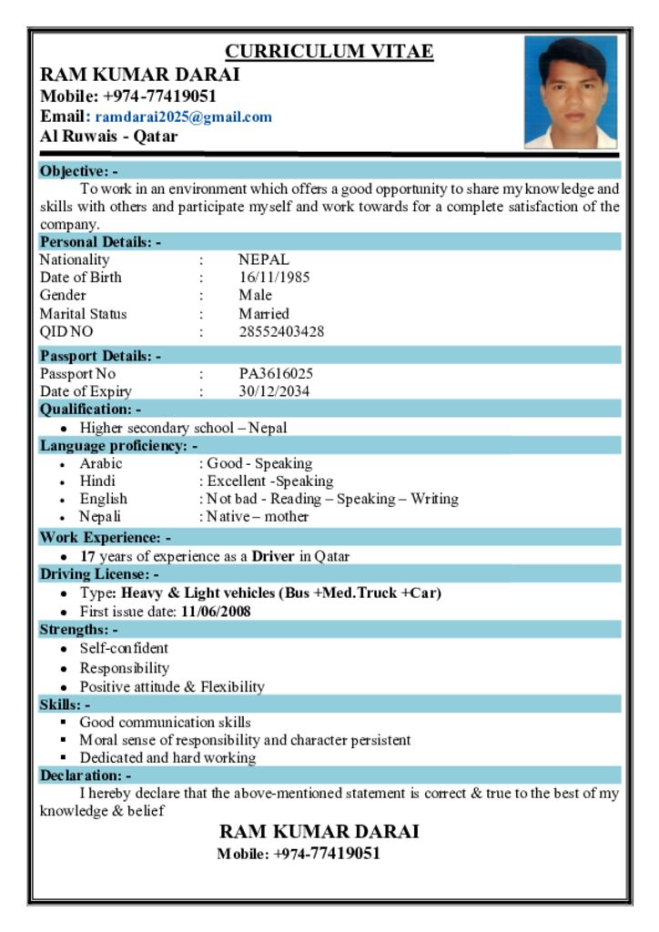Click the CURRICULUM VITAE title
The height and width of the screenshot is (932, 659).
[x=329, y=52]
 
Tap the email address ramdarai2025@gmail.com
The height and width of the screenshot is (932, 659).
[x=183, y=117]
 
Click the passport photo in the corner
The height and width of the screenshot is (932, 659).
[x=571, y=92]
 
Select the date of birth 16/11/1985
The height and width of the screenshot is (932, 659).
[x=274, y=278]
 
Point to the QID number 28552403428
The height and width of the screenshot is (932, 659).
[x=281, y=332]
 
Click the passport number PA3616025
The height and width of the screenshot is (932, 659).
[x=276, y=374]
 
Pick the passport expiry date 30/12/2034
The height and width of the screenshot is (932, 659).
[x=274, y=392]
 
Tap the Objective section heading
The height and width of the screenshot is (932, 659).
[x=78, y=171]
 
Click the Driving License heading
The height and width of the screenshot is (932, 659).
[x=99, y=574]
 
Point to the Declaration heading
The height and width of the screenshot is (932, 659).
[x=86, y=775]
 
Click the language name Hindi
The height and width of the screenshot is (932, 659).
[x=97, y=481]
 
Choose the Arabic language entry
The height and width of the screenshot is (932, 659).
[x=100, y=463]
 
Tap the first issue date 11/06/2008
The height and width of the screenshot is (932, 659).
[x=216, y=612]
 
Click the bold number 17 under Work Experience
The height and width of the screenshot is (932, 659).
[x=87, y=556]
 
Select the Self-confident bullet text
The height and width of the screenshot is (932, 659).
[x=124, y=649]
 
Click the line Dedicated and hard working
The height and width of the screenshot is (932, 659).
[x=167, y=757]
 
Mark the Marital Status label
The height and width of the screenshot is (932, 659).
[x=83, y=314]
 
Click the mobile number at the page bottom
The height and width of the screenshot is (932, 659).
[x=299, y=854]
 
